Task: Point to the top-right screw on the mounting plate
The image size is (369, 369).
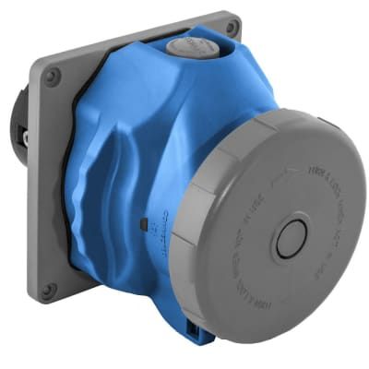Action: [x=232, y=28]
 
